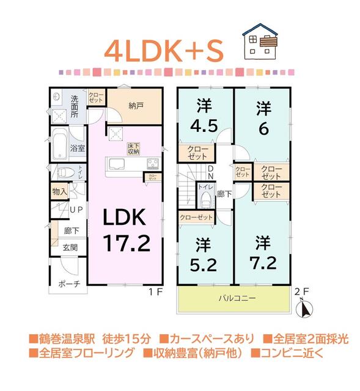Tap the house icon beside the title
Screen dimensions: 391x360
260,40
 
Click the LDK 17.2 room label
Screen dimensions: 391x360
127,231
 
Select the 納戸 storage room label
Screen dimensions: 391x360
136,106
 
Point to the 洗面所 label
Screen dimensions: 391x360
74,106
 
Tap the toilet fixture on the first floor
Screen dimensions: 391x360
65,172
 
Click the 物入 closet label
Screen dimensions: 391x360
60,191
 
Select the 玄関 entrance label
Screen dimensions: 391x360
70,247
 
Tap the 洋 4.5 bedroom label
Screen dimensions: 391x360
204,116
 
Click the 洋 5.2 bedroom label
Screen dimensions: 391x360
203,255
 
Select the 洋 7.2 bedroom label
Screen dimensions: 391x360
263,252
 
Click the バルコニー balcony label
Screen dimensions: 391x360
234,299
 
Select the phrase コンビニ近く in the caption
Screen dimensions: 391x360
295,353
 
